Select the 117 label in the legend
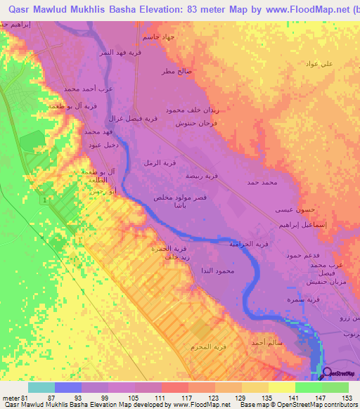pos(186,398)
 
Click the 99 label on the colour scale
pos(105,398)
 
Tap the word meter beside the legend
pos(9,398)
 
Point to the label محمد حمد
pos(263,182)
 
